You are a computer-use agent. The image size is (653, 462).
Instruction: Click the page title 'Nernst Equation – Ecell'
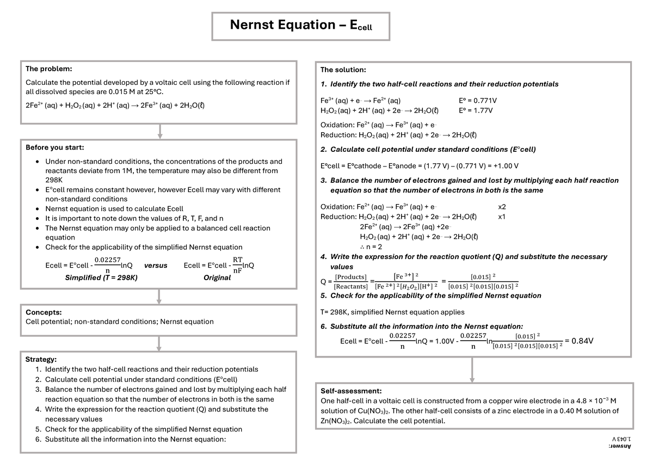pos(301,26)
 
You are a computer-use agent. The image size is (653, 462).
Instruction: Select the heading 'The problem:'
pos(49,69)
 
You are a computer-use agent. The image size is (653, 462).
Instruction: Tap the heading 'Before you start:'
pos(55,147)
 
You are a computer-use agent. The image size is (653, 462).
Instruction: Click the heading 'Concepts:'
pos(44,312)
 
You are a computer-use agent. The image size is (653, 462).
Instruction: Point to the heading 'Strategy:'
pos(41,359)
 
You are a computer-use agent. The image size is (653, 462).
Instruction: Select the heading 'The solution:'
pos(343,70)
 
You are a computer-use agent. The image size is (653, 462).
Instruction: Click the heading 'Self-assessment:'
pos(351,391)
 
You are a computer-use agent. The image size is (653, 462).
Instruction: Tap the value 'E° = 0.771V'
pos(478,101)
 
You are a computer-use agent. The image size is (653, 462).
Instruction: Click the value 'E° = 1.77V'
pos(476,110)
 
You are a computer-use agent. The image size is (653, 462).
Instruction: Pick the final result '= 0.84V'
pos(579,341)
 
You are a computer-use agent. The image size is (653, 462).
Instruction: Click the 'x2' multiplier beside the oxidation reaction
pos(502,207)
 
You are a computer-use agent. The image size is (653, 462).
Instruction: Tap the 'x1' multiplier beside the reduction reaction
pos(502,217)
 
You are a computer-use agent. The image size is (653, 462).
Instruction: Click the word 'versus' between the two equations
pos(156,266)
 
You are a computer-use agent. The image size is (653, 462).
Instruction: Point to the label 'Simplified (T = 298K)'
pos(101,278)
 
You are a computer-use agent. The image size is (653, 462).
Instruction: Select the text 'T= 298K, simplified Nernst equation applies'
pos(392,312)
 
